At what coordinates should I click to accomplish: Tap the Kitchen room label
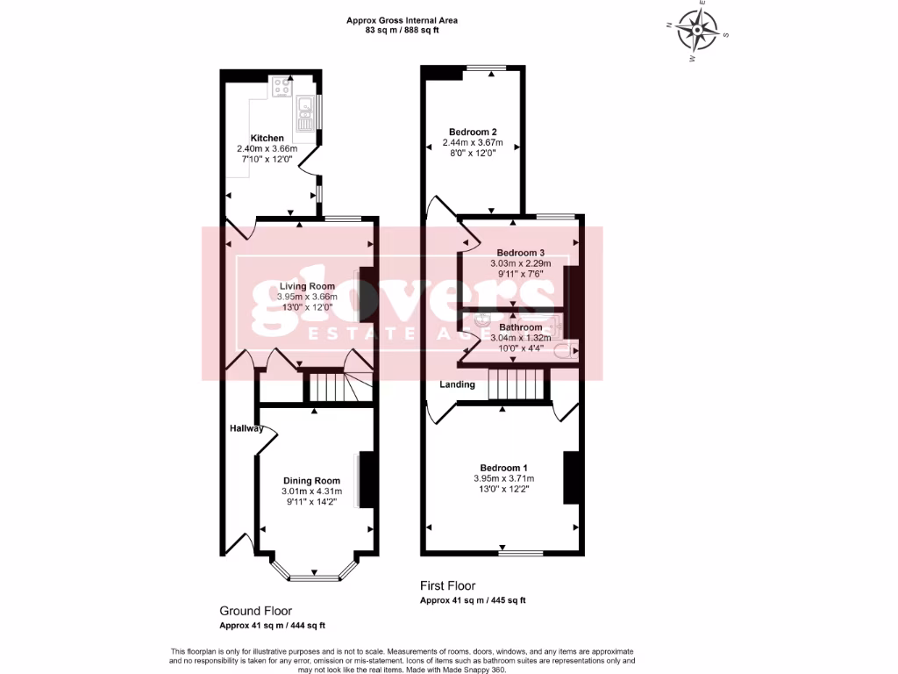(267, 139)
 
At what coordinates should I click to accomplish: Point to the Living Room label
(307, 286)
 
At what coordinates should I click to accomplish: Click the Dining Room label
(311, 480)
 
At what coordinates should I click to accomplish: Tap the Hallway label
(246, 428)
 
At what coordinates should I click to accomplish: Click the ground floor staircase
(333, 386)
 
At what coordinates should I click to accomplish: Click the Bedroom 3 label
(521, 252)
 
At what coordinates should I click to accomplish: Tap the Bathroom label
(521, 327)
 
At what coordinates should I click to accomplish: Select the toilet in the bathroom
(573, 353)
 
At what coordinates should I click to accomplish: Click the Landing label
(457, 384)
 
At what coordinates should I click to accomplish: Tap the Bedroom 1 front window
(521, 553)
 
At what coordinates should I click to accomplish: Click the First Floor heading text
(447, 585)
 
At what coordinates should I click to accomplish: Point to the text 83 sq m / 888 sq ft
(402, 30)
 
